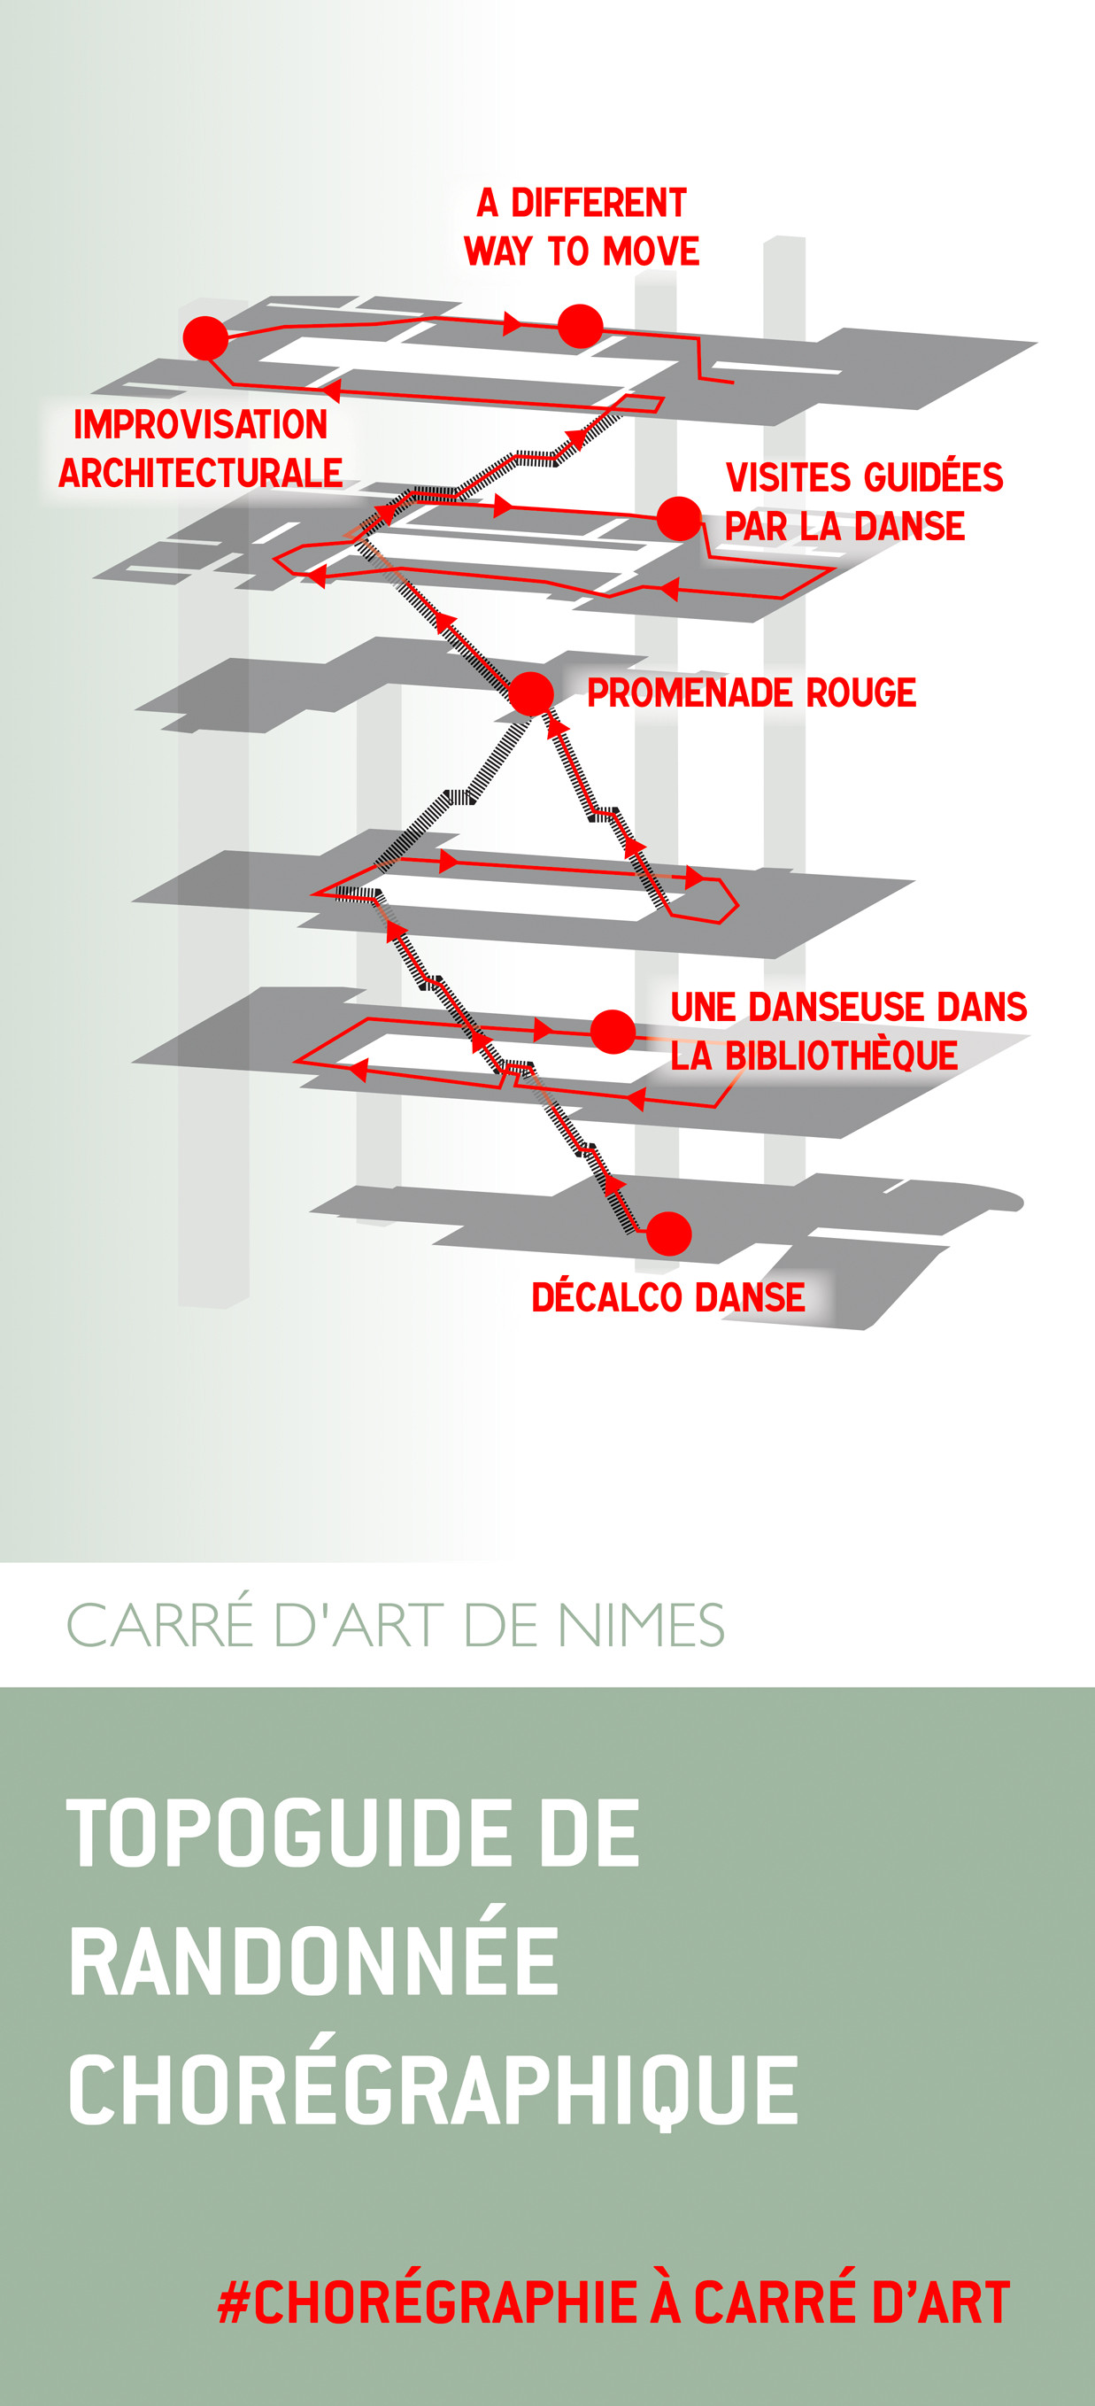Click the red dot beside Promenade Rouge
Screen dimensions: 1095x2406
click(531, 694)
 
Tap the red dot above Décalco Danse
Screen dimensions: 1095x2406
click(668, 1234)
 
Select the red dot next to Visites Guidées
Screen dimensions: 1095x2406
click(679, 519)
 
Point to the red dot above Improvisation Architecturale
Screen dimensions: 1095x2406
click(205, 338)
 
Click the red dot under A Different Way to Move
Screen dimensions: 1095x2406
click(581, 326)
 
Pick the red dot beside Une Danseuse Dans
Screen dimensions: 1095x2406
click(613, 1032)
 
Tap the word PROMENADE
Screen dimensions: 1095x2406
click(690, 693)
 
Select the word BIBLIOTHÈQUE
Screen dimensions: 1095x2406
click(841, 1056)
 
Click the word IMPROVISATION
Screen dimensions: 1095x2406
click(201, 425)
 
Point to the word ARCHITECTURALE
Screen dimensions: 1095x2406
click(201, 473)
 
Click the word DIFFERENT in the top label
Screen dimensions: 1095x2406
click(598, 203)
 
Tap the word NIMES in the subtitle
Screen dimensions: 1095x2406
click(640, 1625)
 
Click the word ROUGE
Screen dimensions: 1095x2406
click(860, 693)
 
